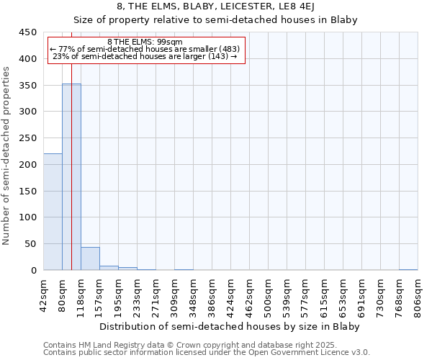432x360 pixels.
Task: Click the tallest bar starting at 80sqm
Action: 71,177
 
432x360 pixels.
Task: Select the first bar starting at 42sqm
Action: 53,212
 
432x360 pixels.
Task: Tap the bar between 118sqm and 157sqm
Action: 90,258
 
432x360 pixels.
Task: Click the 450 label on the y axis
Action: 27,32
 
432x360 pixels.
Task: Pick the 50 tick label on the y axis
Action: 30,244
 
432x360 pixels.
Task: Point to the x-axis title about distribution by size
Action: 229,326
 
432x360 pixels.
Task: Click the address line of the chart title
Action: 216,7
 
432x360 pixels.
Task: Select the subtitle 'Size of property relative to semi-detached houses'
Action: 216,19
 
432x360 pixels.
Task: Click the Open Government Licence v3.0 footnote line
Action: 207,353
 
